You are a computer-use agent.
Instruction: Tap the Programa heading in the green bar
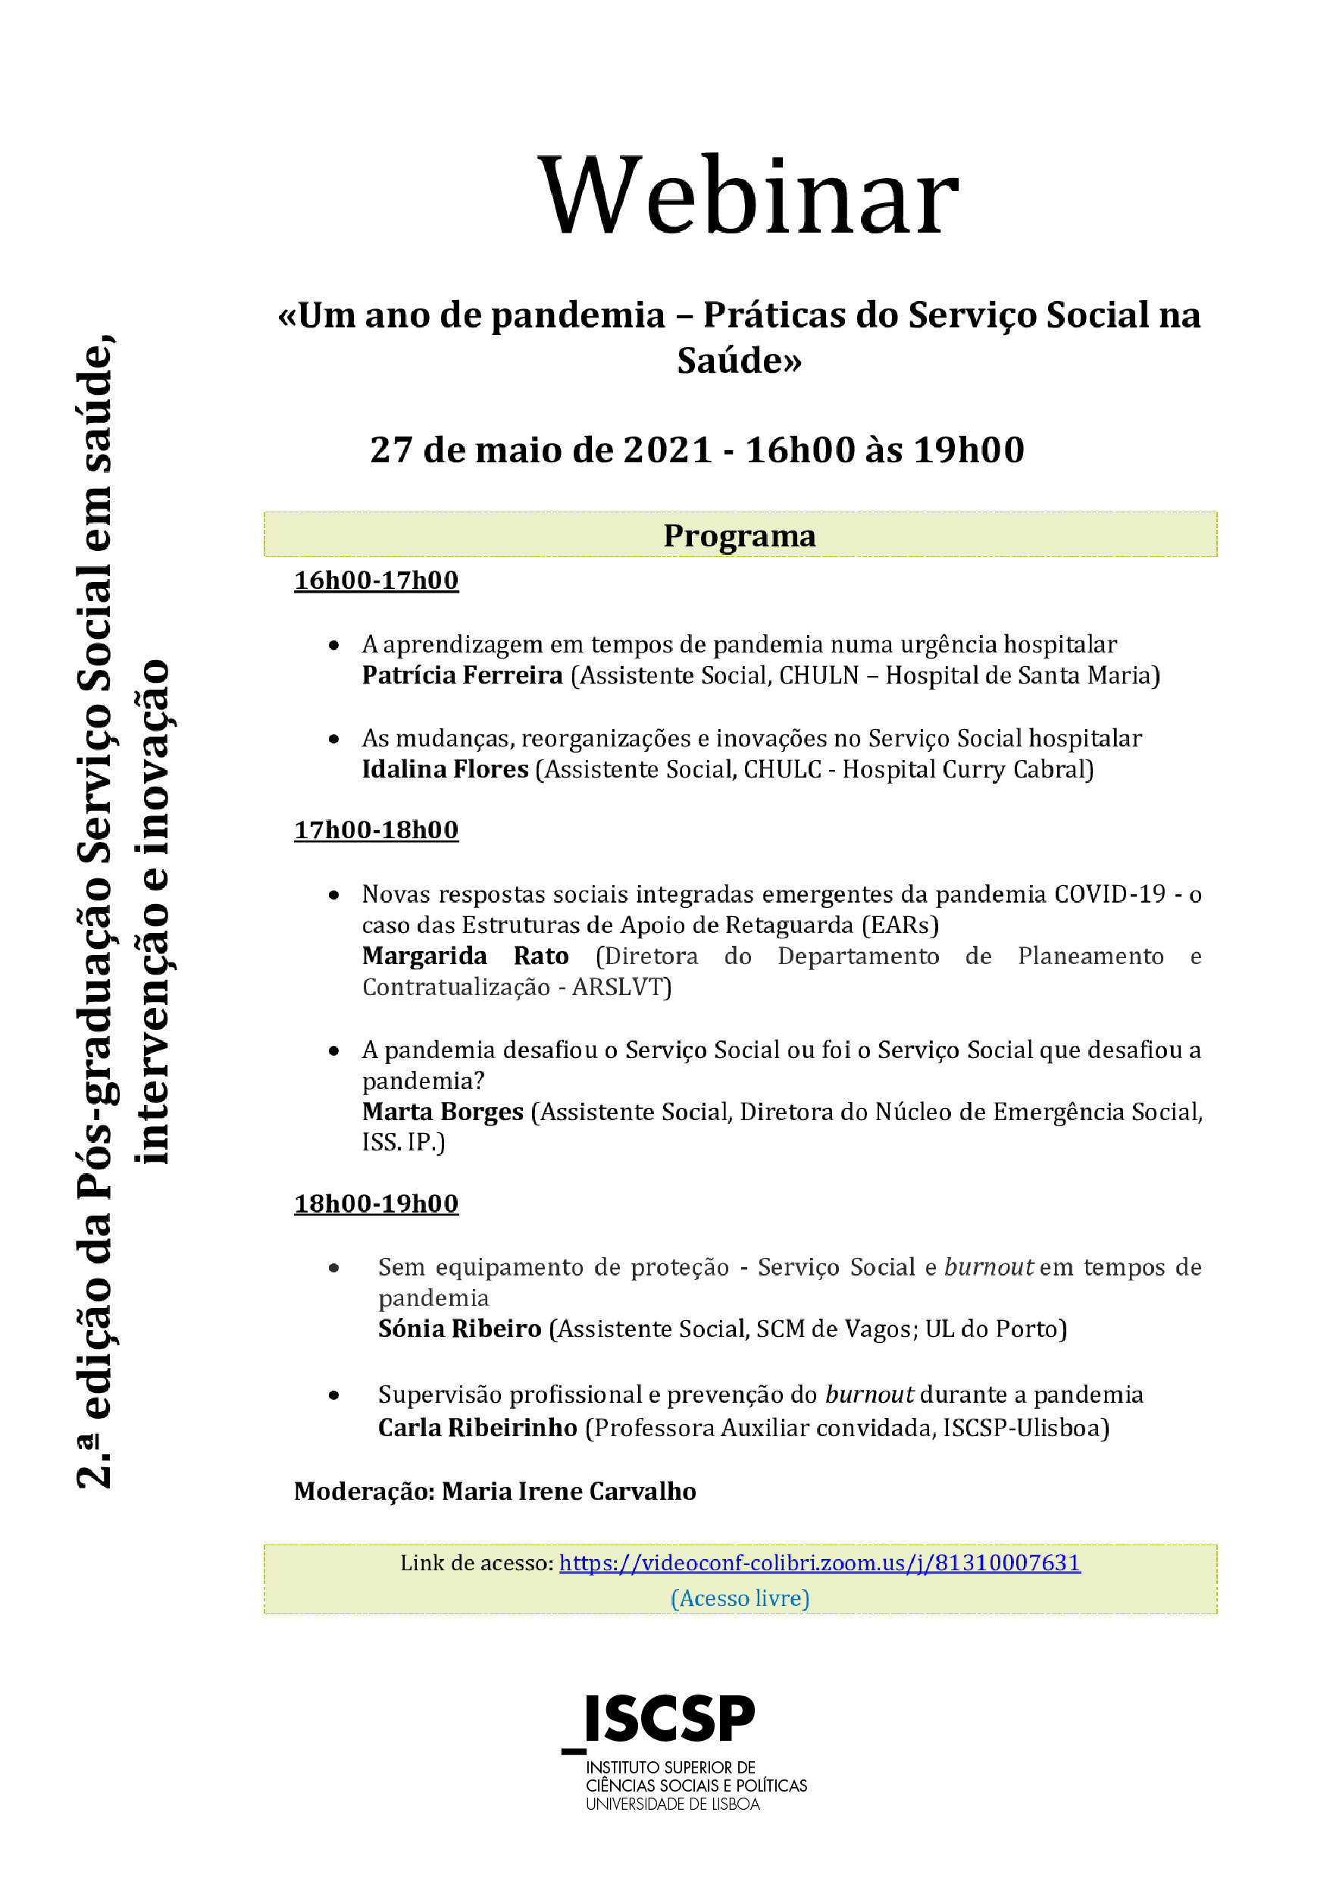coord(739,536)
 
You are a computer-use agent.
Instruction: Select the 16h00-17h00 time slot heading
coord(376,580)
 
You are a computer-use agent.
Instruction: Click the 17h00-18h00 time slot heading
coord(376,830)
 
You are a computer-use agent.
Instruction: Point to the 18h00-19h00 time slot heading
coord(376,1203)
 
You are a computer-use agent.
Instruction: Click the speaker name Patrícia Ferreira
coord(462,675)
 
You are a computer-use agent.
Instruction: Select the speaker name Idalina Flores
coord(445,769)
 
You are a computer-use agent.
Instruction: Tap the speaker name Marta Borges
coord(443,1112)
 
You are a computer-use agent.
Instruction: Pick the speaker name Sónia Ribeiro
coord(460,1328)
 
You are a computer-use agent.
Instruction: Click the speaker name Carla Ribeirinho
coord(477,1427)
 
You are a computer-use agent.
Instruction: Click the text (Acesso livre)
coord(740,1598)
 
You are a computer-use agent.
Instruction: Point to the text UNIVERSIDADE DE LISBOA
coord(673,1804)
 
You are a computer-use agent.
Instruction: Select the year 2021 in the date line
coord(667,449)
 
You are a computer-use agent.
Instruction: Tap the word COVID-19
coord(1109,894)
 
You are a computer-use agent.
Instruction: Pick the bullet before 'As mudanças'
coord(333,739)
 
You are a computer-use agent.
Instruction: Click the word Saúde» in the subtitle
coord(739,361)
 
